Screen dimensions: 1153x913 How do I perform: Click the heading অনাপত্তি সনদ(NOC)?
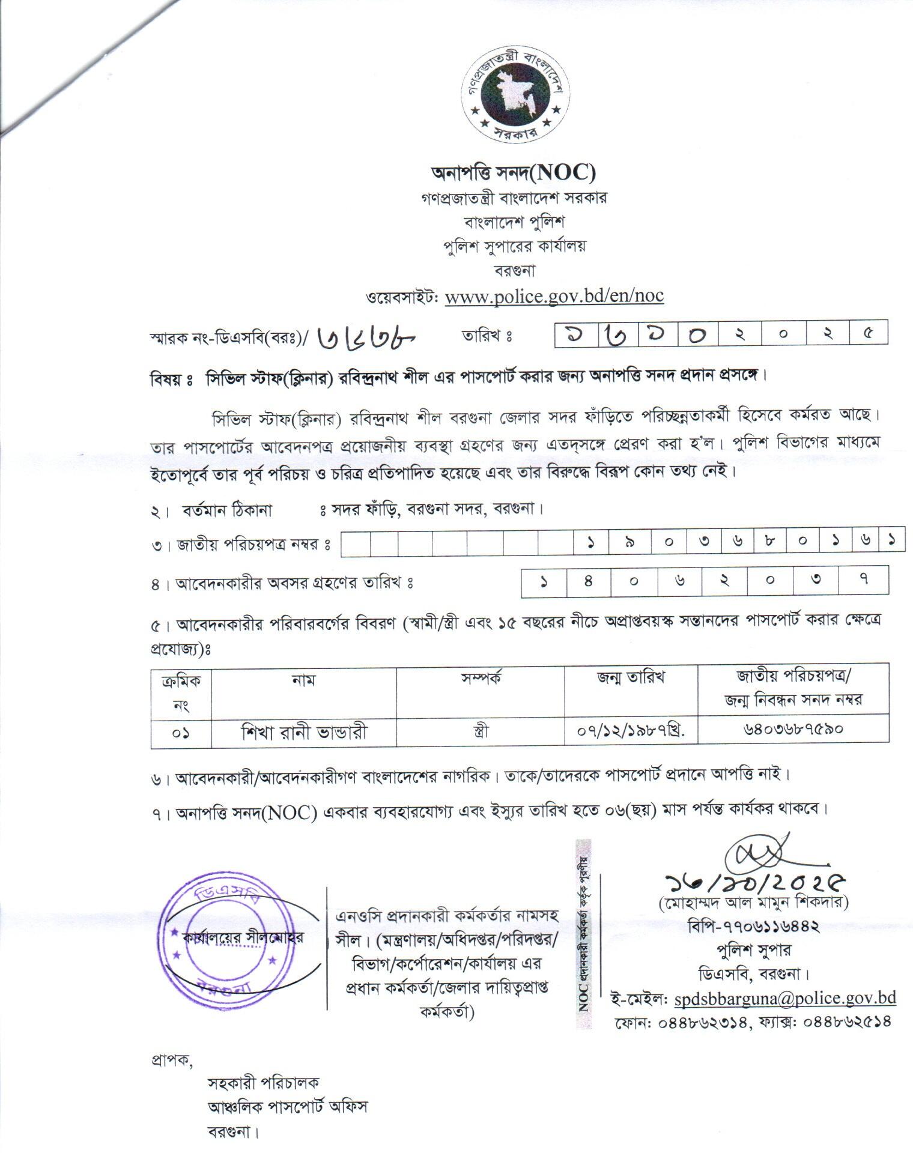tap(514, 173)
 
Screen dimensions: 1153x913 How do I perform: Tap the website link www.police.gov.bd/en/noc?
tap(554, 296)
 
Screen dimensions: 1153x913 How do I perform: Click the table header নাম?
tap(303, 679)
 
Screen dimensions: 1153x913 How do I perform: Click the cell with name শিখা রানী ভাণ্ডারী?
tap(303, 732)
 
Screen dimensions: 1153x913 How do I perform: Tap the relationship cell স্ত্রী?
tap(481, 732)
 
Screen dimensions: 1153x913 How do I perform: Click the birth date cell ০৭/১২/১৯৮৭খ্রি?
tap(631, 732)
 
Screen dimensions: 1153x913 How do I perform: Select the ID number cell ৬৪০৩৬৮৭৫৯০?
tap(793, 730)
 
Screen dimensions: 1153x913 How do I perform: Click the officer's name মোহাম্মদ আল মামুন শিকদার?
tap(754, 903)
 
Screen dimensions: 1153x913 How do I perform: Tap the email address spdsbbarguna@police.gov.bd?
tap(785, 999)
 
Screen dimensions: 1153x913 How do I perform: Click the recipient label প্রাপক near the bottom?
tap(171, 1061)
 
